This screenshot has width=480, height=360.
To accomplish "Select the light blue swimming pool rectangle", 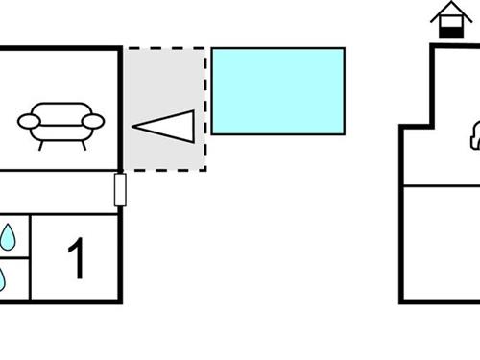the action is pos(277,90).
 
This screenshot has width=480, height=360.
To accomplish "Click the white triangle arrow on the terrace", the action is pos(168,126).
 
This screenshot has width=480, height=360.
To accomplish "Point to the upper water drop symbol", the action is pos(8,237).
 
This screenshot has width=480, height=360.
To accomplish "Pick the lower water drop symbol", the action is pos(3,278).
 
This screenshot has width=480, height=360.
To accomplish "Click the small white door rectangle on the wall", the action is pos(120,189).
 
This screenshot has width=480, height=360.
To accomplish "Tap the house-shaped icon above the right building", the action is pos(447,20).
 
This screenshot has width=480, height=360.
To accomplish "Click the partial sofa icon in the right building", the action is pos(474,138).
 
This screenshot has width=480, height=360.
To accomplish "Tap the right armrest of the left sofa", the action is pos(93,121).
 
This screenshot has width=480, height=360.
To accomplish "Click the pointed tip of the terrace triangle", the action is pos(134,126).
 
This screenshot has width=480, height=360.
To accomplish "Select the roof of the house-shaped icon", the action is pos(447,12).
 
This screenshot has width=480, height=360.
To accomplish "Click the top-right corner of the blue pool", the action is pos(344,48).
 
